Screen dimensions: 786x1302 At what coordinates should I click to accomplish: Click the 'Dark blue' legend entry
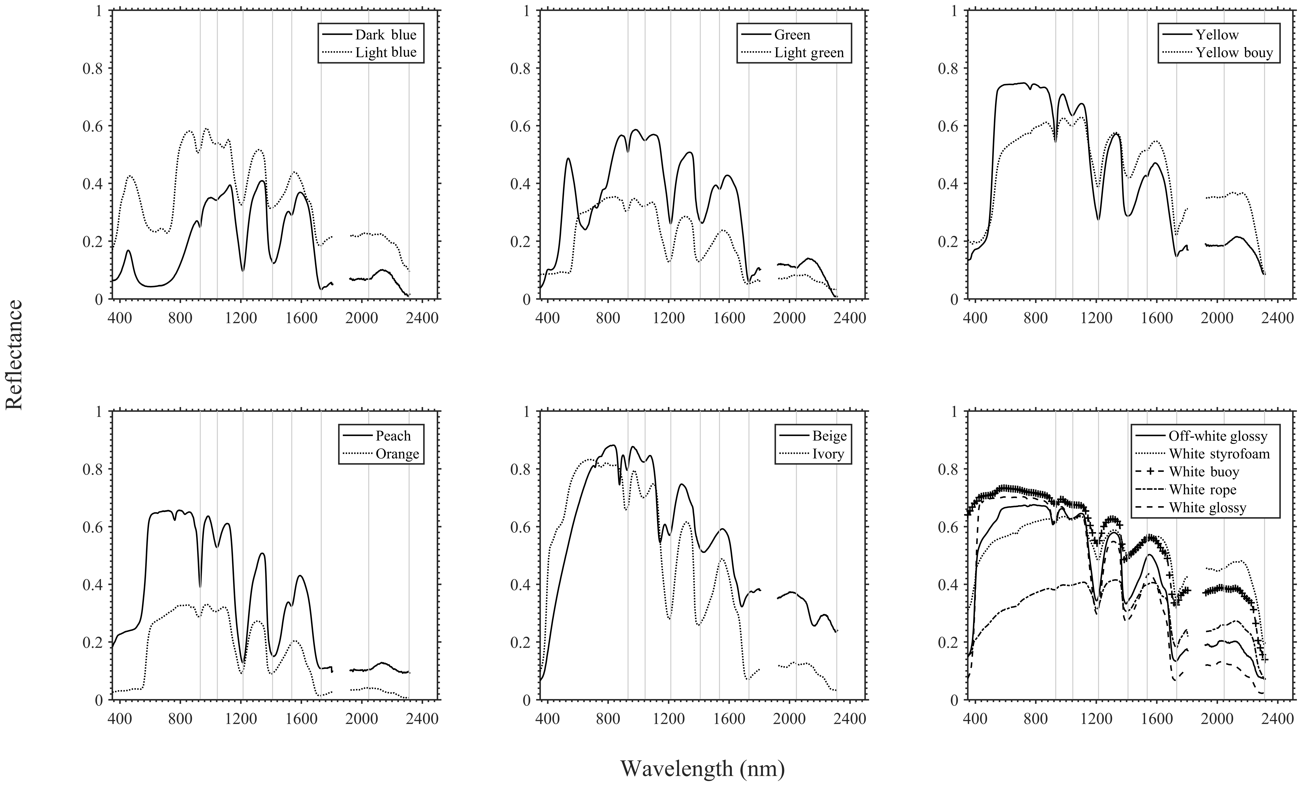tap(386, 35)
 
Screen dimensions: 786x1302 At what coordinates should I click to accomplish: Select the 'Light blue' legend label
tap(386, 52)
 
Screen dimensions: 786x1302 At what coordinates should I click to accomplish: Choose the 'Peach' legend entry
tap(393, 436)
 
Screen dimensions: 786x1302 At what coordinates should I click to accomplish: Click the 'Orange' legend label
tap(397, 454)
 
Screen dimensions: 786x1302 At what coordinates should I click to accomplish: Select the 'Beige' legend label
tap(829, 436)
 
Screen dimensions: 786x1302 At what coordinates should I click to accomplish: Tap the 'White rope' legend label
tap(1203, 490)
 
